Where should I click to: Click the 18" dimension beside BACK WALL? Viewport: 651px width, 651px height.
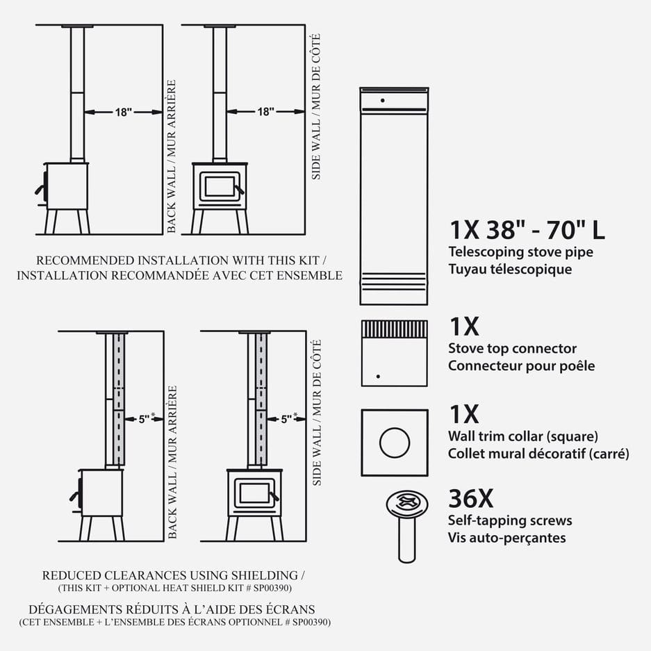click(123, 112)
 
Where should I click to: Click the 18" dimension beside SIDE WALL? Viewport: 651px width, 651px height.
click(265, 112)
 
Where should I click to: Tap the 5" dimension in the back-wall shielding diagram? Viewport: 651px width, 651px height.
click(144, 420)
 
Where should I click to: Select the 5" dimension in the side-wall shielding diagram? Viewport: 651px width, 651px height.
click(286, 420)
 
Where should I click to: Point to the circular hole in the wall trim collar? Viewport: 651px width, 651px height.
click(395, 443)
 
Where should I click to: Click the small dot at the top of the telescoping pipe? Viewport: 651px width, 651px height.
click(382, 101)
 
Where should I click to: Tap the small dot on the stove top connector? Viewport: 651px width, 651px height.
click(378, 377)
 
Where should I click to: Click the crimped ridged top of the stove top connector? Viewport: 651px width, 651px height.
click(395, 329)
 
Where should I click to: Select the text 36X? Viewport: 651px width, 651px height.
click(471, 499)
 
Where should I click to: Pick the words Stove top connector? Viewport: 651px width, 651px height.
click(512, 348)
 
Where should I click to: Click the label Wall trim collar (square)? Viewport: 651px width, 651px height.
click(523, 436)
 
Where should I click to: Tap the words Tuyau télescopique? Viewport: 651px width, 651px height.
click(510, 269)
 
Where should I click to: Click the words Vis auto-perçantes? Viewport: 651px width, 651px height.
click(507, 538)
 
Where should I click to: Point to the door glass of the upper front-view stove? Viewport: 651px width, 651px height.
click(220, 186)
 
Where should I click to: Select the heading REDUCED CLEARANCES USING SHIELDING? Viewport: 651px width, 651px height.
click(173, 575)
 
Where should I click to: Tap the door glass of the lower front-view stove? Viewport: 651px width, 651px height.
click(254, 493)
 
